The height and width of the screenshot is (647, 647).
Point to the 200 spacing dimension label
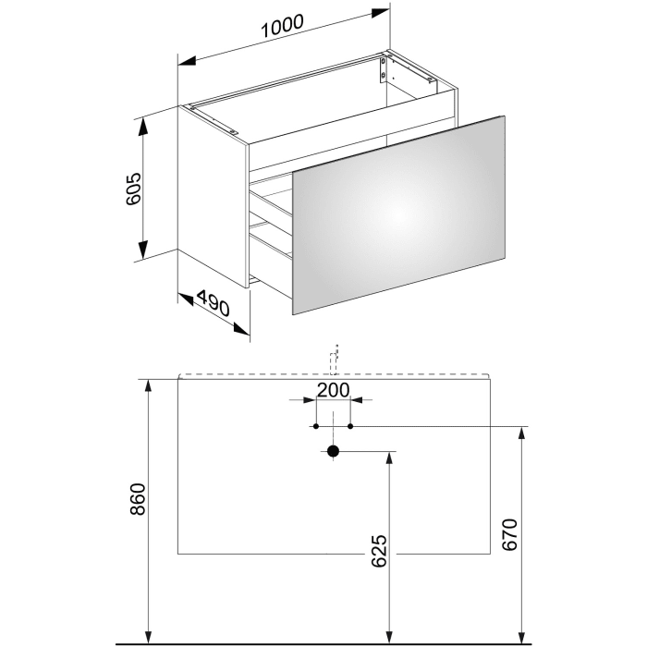point(332,389)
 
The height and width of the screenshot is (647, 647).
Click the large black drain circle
point(334,451)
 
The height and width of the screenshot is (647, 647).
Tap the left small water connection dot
point(316,426)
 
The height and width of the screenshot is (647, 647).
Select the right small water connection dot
point(350,426)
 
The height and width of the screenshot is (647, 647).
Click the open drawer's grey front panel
point(399,214)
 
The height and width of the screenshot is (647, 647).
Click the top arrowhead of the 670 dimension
point(523,433)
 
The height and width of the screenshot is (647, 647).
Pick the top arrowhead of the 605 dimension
point(143,124)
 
